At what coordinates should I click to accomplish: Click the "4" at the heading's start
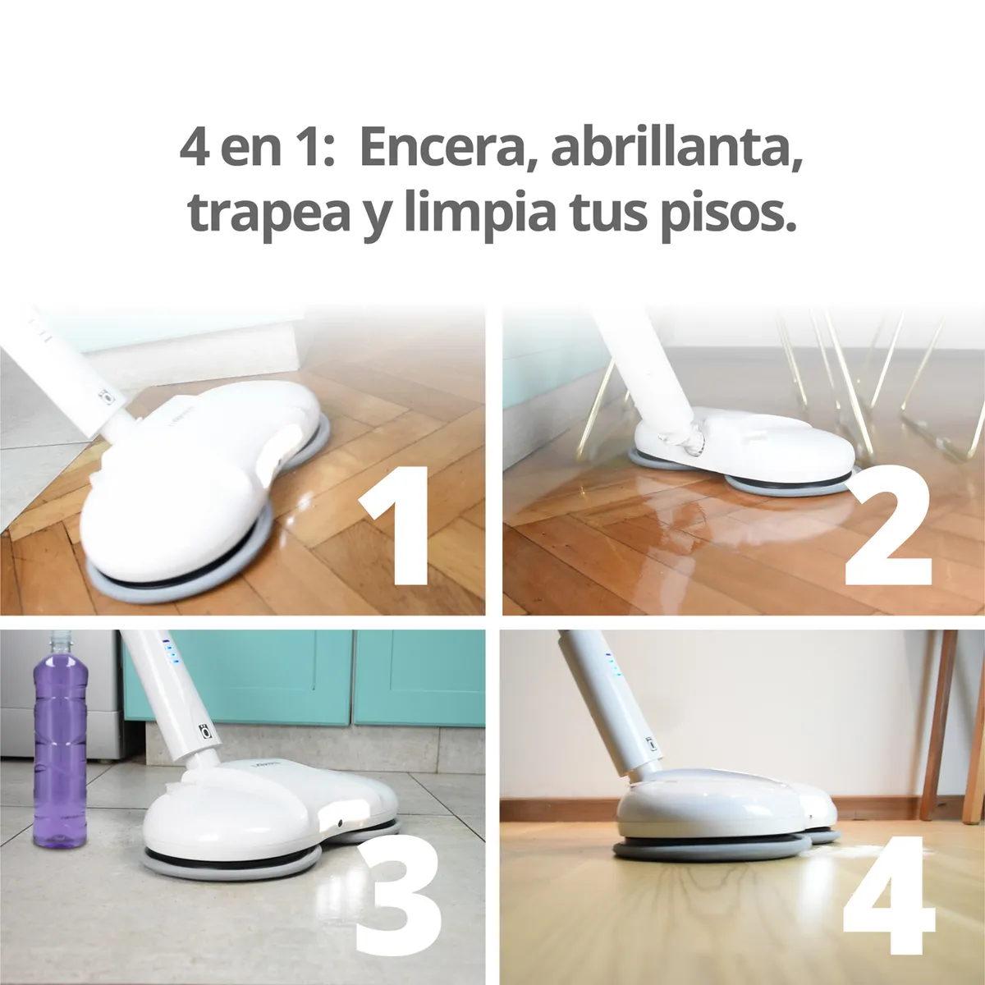point(193,149)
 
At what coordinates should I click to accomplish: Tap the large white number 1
point(395,526)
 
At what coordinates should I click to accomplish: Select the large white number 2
point(888,526)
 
